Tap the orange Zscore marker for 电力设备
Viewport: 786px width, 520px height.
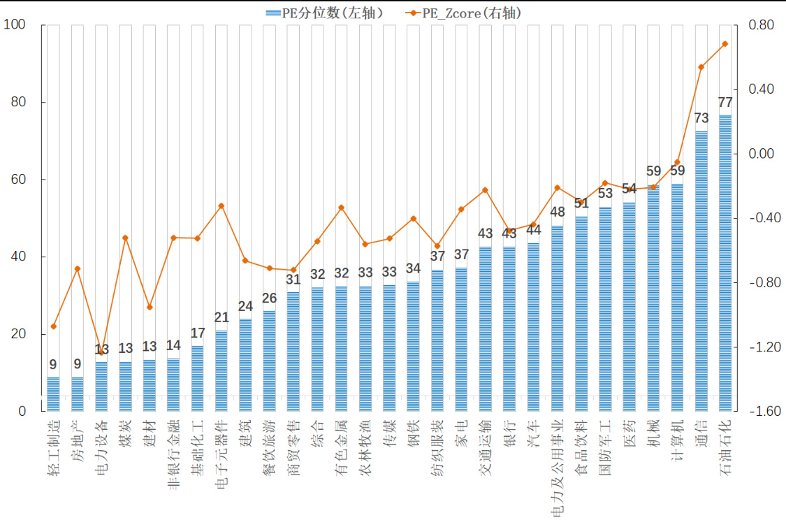click(x=101, y=353)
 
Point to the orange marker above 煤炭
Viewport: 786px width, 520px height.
click(x=125, y=238)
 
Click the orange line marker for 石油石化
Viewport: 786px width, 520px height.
click(x=725, y=44)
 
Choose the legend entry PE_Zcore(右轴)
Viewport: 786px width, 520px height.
click(x=465, y=13)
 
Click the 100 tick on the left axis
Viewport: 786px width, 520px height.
click(x=15, y=25)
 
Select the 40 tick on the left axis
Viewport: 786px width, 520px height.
click(x=17, y=257)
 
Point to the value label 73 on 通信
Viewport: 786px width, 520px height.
click(x=701, y=118)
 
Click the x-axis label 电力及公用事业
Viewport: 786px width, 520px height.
click(x=558, y=468)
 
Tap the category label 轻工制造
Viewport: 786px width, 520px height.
click(x=53, y=448)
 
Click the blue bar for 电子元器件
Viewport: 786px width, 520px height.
click(x=221, y=370)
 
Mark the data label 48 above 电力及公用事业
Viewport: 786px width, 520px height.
click(x=558, y=212)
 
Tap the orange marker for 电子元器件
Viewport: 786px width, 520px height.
click(x=221, y=206)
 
